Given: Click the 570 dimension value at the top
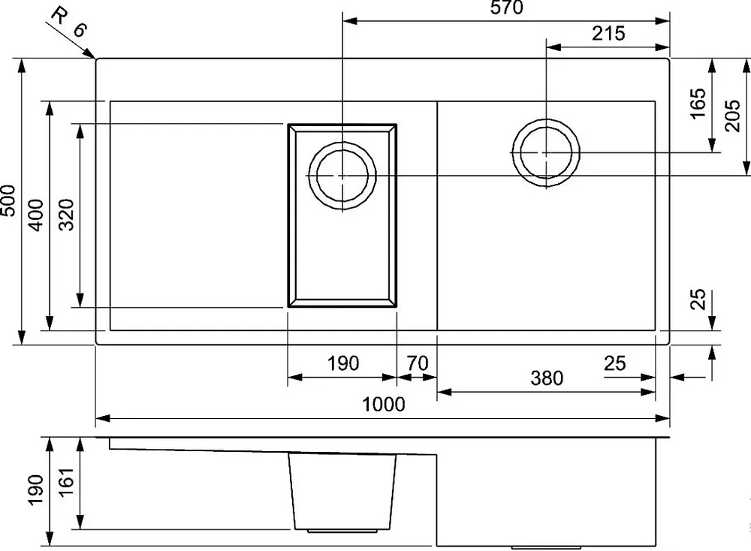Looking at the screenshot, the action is [x=507, y=8].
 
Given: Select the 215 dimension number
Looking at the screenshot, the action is [x=608, y=34].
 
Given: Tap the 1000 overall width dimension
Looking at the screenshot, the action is [x=383, y=405].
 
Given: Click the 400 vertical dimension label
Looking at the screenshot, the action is [x=36, y=215].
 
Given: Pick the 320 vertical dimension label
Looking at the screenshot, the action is [x=67, y=215].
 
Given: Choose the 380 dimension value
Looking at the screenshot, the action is [x=547, y=378].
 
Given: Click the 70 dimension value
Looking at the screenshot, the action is [x=417, y=363].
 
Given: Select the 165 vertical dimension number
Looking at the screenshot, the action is [x=698, y=104].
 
